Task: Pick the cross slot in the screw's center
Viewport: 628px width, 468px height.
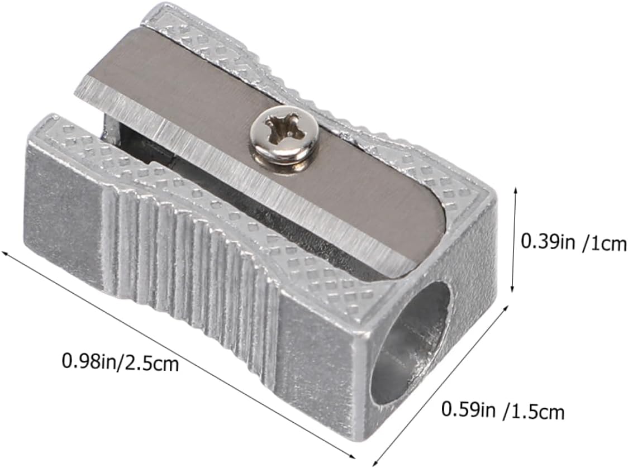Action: [x=284, y=128]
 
